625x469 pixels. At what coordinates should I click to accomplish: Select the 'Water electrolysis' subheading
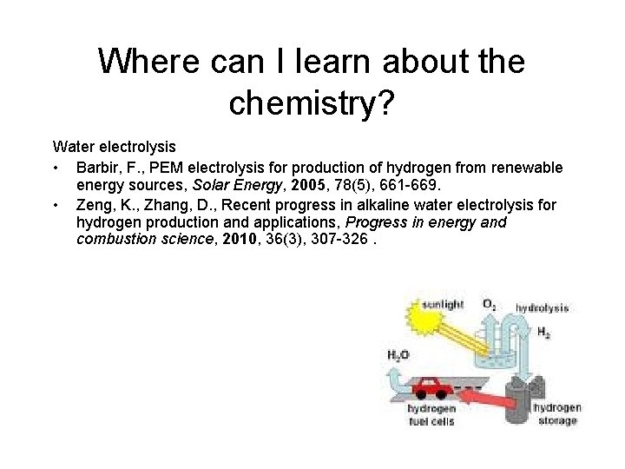(114, 148)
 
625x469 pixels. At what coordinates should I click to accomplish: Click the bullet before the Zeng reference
(56, 205)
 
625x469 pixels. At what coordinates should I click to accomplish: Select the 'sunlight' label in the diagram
(443, 305)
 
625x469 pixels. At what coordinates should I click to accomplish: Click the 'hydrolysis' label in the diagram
(542, 307)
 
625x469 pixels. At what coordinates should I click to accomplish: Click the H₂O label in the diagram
(398, 354)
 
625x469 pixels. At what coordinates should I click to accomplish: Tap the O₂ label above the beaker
(490, 305)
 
